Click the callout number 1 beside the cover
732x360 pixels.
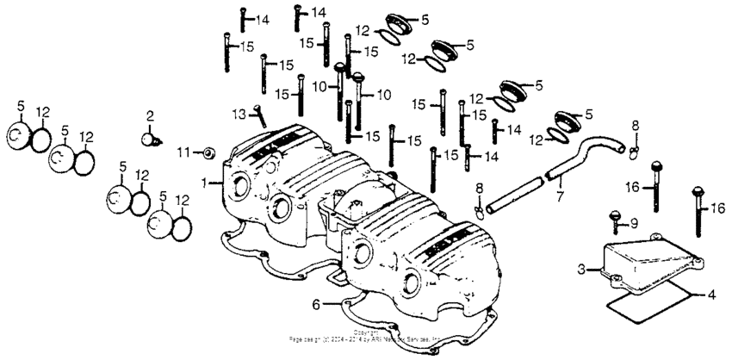point(205,182)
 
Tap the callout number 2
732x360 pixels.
point(149,115)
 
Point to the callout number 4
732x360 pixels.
point(710,295)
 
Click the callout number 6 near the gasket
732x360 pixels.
point(316,304)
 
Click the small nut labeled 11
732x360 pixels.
point(208,153)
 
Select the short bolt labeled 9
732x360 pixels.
point(615,220)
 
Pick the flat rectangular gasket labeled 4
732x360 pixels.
point(650,301)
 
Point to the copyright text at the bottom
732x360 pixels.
point(365,335)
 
